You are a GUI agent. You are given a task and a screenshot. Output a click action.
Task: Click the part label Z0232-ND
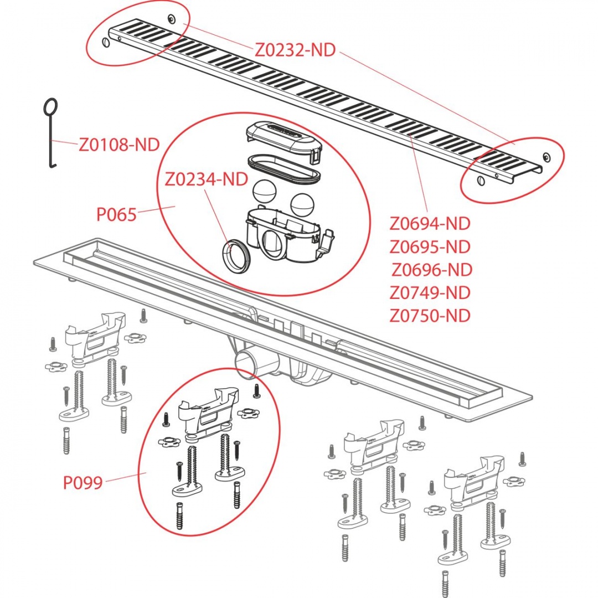click(x=295, y=50)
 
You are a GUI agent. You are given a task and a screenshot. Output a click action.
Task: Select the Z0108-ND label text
click(x=119, y=145)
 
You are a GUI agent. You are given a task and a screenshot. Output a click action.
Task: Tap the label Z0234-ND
click(x=206, y=179)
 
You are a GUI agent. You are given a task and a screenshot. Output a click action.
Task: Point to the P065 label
click(x=116, y=214)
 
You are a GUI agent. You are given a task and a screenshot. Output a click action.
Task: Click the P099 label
click(x=83, y=483)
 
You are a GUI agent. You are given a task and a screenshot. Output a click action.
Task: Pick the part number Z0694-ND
click(x=430, y=224)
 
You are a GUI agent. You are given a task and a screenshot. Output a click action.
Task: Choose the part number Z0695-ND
click(x=430, y=246)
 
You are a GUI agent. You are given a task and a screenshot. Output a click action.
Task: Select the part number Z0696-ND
click(x=432, y=270)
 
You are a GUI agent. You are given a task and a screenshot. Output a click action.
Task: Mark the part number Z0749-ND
click(x=430, y=292)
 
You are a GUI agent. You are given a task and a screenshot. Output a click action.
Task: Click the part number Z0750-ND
click(x=430, y=316)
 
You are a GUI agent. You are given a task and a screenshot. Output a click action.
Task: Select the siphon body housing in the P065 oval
click(x=282, y=233)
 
